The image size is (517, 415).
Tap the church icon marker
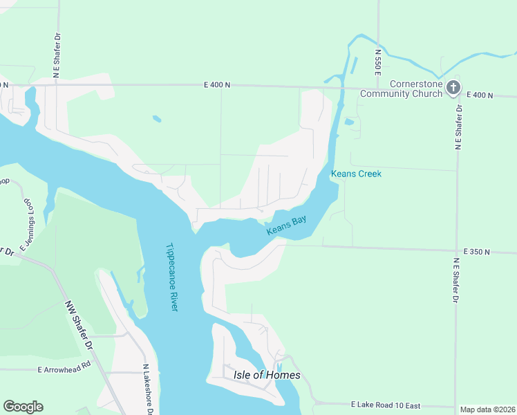(x=453, y=87)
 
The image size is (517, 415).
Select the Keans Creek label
(x=356, y=174)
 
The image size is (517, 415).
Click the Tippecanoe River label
(x=172, y=276)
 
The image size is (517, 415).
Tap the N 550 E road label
(x=378, y=62)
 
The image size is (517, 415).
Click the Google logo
(x=23, y=407)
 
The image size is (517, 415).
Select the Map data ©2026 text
(x=487, y=409)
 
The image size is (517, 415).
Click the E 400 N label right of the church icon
(x=480, y=95)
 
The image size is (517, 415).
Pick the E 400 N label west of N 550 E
(x=217, y=84)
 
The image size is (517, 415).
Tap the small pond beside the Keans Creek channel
(x=348, y=122)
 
